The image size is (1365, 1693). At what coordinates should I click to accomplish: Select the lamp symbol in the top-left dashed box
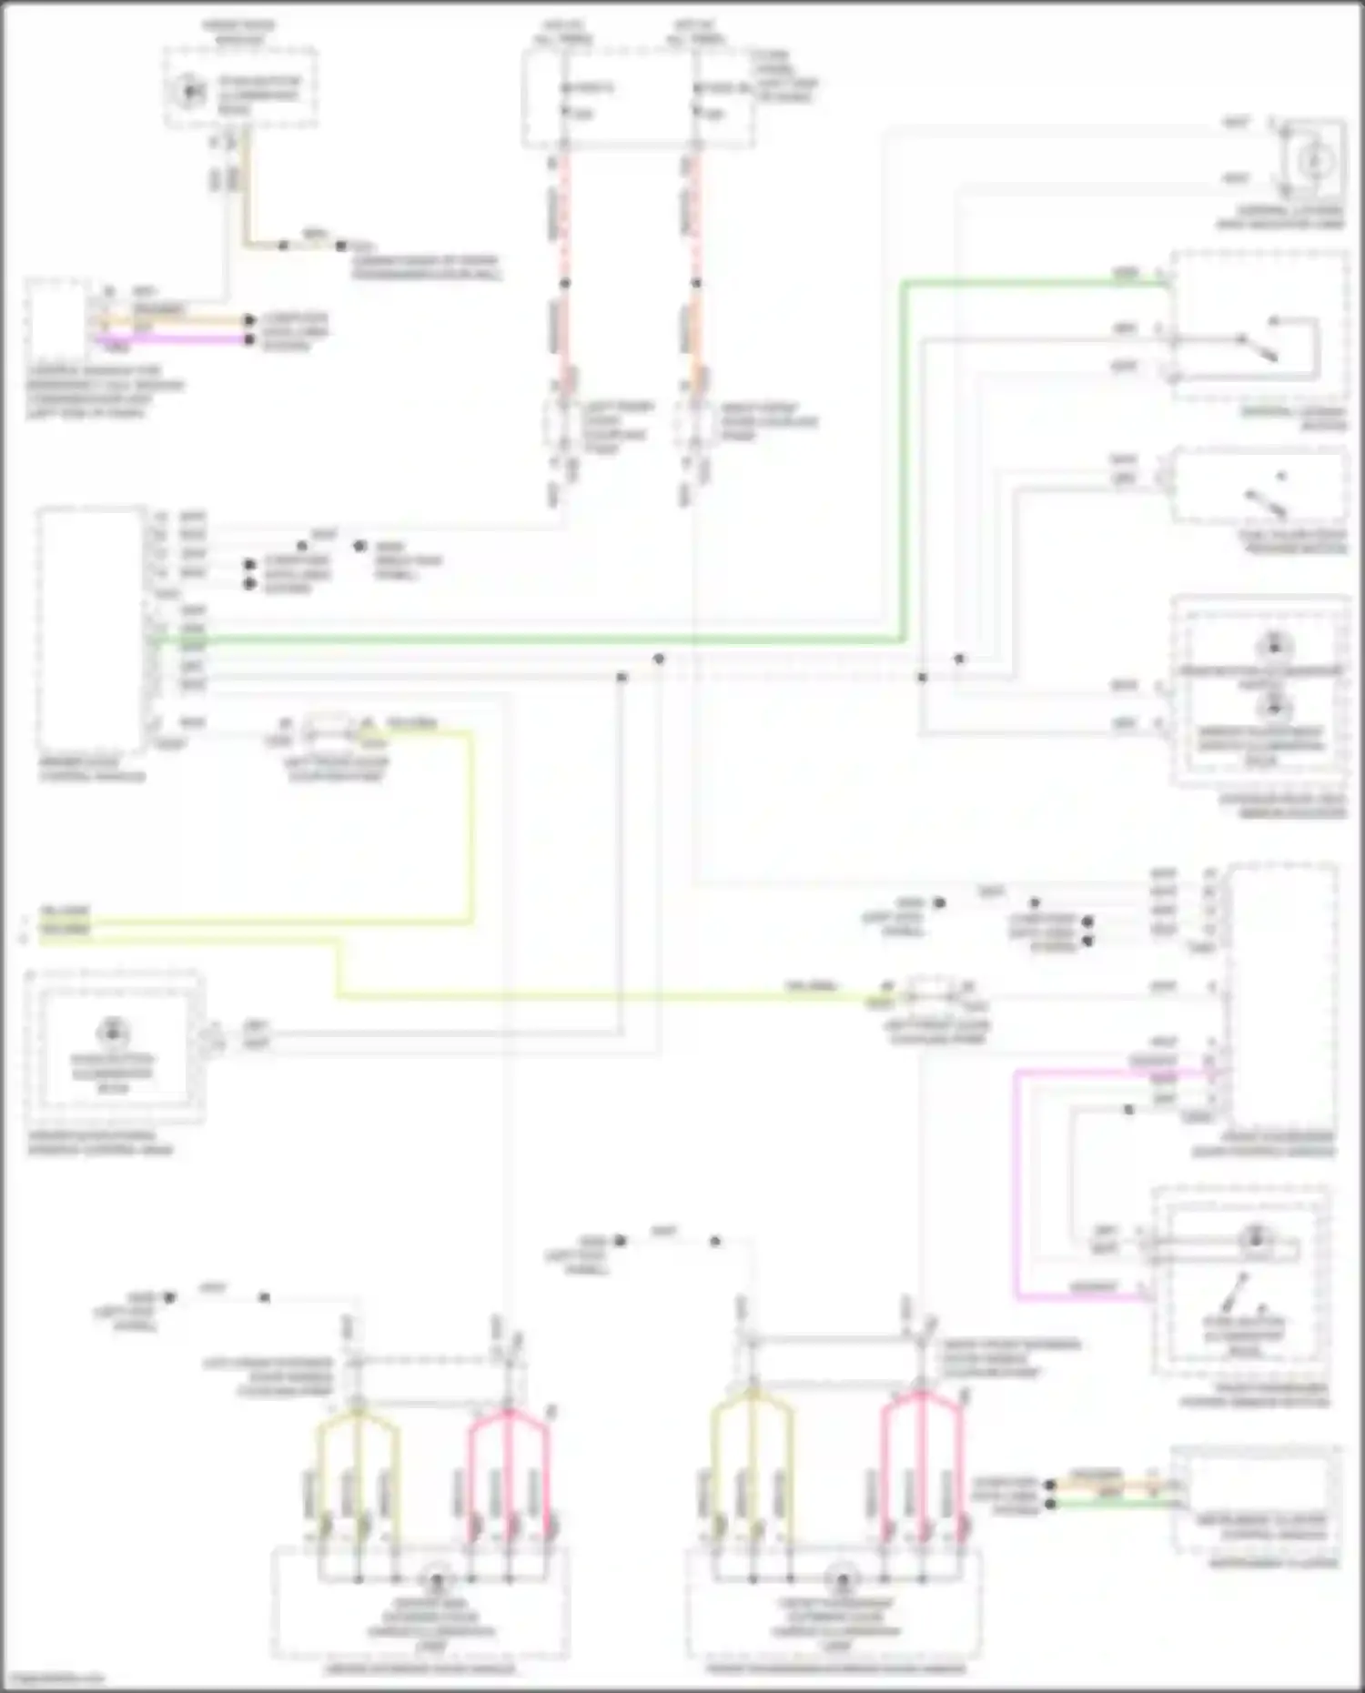point(190,91)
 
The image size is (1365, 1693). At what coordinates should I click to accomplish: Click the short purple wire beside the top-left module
point(173,340)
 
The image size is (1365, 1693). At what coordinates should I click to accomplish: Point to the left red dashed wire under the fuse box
point(565,218)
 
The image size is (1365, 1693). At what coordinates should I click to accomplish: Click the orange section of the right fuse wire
point(696,337)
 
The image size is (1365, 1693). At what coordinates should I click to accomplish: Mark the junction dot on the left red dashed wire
point(565,283)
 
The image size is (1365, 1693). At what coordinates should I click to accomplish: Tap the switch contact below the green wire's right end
point(1260,347)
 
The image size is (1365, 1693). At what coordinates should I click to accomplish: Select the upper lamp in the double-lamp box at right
point(1272,648)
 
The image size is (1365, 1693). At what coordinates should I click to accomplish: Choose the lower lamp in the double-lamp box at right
point(1272,705)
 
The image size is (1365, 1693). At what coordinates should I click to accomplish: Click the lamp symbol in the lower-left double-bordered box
point(112,1032)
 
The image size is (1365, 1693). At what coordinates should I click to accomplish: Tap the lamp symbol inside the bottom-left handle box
point(435,1578)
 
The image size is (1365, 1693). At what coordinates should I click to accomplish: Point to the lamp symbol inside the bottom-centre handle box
point(842,1578)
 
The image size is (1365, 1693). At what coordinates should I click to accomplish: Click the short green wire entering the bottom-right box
point(1110,1504)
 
